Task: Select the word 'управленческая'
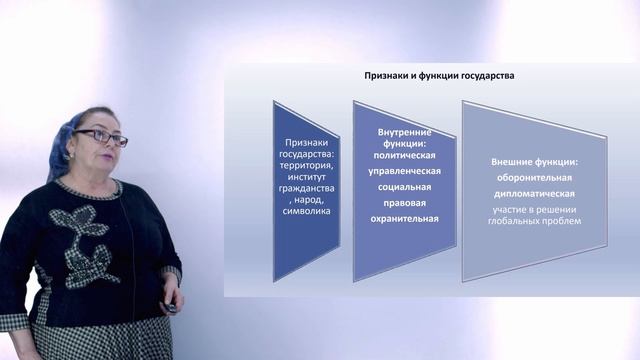tap(406, 172)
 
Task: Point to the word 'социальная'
tap(406, 187)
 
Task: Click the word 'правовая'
tap(406, 202)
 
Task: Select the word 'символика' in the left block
tap(307, 212)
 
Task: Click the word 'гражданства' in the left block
tap(307, 185)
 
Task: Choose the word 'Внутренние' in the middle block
tap(406, 132)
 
